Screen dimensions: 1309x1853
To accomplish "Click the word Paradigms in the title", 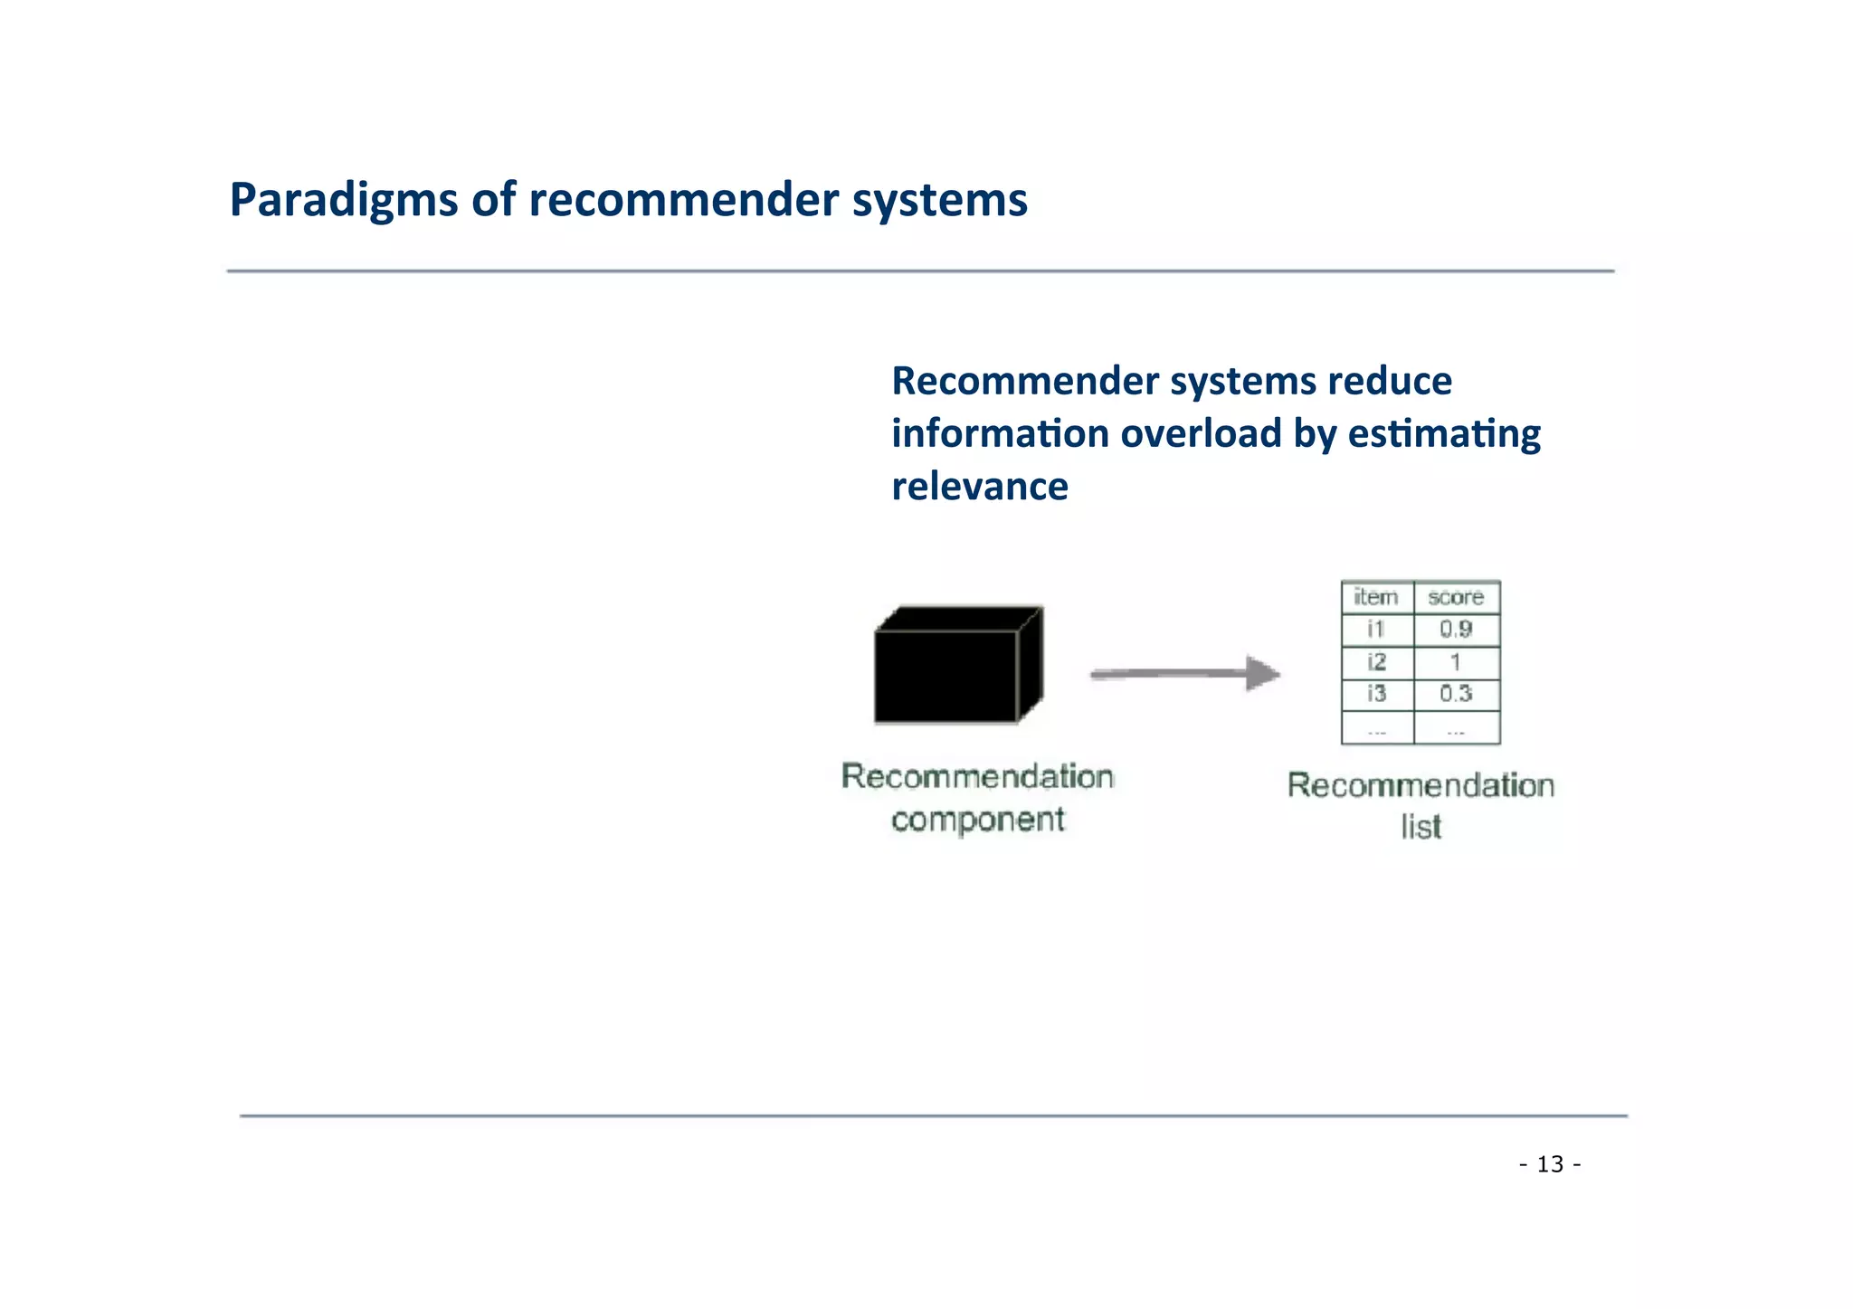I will coord(343,201).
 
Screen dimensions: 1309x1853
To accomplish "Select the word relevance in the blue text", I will coord(979,487).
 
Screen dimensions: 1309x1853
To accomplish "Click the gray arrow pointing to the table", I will coord(1184,674).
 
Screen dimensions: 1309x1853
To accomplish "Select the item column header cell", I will coord(1376,597).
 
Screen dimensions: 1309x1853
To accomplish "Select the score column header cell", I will coord(1455,597).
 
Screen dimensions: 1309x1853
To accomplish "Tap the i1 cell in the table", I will coord(1376,630).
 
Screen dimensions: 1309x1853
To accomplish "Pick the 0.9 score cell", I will coord(1455,630).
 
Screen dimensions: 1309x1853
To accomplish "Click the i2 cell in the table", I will coord(1376,662).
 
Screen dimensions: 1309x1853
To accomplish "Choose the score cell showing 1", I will coord(1455,662).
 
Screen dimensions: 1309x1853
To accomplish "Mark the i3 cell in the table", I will coord(1376,695).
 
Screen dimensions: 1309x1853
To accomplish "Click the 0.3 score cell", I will coord(1455,695).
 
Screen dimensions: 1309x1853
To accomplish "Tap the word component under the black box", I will coord(977,820).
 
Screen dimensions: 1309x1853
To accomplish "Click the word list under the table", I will coord(1421,827).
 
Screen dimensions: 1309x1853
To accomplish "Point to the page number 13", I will coord(1550,1164).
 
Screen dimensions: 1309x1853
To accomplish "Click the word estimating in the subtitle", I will coord(1443,433).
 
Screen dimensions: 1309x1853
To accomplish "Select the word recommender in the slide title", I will coord(683,201).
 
